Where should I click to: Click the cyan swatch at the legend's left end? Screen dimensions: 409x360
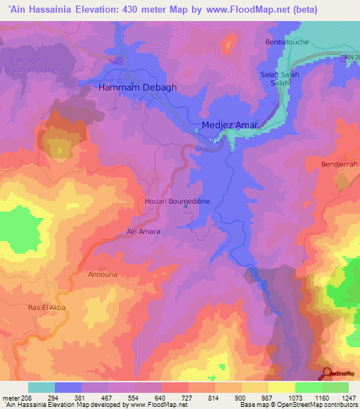click(41, 387)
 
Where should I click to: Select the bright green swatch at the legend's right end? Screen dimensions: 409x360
click(335, 387)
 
